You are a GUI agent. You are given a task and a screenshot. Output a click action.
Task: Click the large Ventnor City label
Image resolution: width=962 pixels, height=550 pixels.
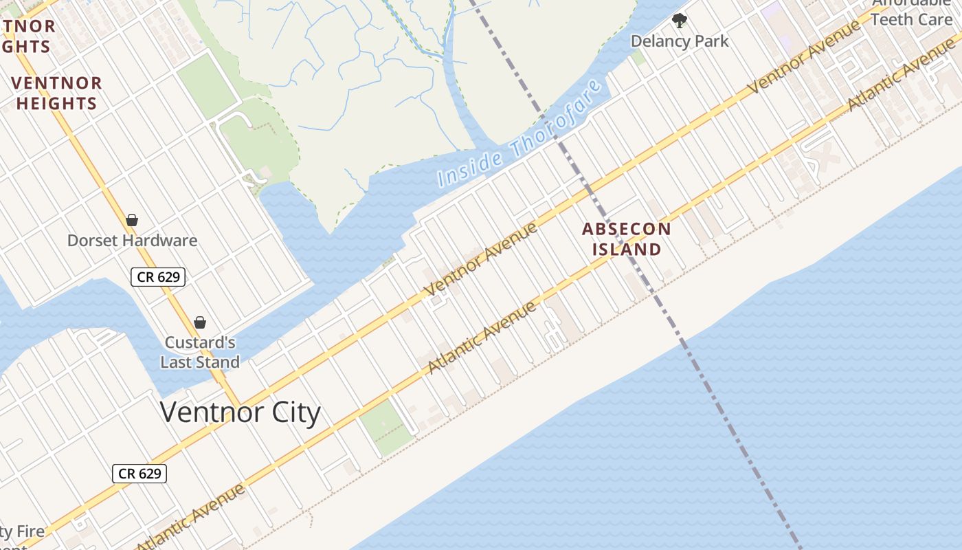coord(240,412)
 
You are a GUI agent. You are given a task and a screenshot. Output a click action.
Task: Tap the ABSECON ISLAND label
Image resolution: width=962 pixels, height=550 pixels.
coord(627,239)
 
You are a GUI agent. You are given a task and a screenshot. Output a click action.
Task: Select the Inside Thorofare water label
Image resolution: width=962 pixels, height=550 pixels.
coord(521,135)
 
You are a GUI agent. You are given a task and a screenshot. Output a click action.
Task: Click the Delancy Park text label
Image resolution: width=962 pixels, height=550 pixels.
coord(680,41)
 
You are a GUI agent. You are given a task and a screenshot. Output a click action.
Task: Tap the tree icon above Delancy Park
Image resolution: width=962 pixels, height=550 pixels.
coord(680,21)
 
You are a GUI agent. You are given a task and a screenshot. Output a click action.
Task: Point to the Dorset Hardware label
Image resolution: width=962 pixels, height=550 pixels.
coord(132,241)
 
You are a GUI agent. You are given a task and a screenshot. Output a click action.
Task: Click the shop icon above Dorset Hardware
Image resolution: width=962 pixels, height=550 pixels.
coord(132,220)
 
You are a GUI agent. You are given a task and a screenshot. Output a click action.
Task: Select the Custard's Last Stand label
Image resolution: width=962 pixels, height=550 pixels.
coord(200,352)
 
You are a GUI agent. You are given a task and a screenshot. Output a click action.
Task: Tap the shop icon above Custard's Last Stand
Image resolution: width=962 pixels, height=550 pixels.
coord(200,322)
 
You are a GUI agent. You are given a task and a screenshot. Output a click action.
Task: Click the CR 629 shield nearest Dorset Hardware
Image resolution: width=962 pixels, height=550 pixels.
coord(158,277)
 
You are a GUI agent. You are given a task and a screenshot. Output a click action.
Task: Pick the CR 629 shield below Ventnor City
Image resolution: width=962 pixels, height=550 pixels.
coord(139,473)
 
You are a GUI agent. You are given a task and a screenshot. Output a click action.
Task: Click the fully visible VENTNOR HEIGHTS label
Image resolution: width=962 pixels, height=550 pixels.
coord(56,93)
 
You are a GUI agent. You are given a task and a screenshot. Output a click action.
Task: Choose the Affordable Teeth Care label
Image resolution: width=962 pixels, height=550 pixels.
coord(911,14)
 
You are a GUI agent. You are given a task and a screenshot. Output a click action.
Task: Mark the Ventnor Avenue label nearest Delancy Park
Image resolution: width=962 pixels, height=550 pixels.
coord(804,56)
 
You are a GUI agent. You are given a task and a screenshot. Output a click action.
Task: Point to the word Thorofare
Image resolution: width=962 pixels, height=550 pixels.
coord(559,116)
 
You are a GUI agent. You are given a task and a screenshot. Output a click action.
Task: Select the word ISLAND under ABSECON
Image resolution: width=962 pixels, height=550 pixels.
coord(627,249)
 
